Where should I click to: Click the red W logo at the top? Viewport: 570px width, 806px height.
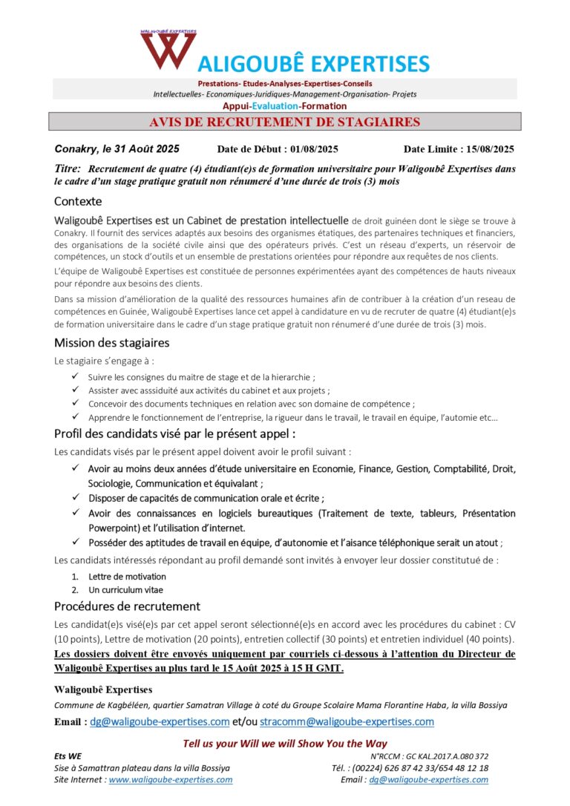tap(168, 51)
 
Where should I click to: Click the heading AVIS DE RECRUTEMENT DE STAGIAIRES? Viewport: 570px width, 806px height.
tap(285, 122)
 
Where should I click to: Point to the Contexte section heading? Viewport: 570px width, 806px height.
tap(78, 201)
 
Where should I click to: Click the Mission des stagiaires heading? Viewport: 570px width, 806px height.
tap(111, 343)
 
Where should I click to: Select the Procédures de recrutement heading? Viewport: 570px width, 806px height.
tap(127, 606)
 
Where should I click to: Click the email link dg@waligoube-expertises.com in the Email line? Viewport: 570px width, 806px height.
tap(160, 721)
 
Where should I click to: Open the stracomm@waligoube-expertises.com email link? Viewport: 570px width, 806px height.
tap(347, 721)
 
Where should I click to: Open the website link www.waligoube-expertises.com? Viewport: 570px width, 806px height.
tap(171, 780)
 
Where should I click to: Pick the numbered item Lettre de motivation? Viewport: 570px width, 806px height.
tap(127, 577)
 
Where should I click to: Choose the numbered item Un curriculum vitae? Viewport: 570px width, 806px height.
tap(125, 590)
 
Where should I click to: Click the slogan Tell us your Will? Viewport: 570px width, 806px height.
tap(285, 744)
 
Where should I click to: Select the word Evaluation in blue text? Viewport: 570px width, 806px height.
tap(276, 106)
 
